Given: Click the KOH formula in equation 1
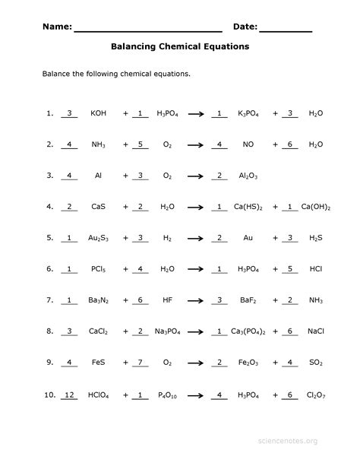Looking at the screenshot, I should [x=98, y=113].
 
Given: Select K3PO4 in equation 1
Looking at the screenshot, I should [x=248, y=113].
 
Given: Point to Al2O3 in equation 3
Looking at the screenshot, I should [x=248, y=176].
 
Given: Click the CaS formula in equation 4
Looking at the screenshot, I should [x=98, y=207].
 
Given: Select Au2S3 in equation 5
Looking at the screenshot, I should [x=98, y=238].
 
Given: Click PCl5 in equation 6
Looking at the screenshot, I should [x=98, y=269].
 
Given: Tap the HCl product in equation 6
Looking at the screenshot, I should [x=316, y=269].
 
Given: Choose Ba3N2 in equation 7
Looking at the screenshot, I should [x=98, y=300].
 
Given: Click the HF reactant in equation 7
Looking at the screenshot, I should [x=167, y=300].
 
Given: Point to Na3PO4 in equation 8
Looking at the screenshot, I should [x=167, y=331].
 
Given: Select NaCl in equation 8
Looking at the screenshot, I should [x=316, y=331].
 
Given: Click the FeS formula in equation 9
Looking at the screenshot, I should [x=98, y=363].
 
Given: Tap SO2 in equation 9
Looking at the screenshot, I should [x=316, y=363].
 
